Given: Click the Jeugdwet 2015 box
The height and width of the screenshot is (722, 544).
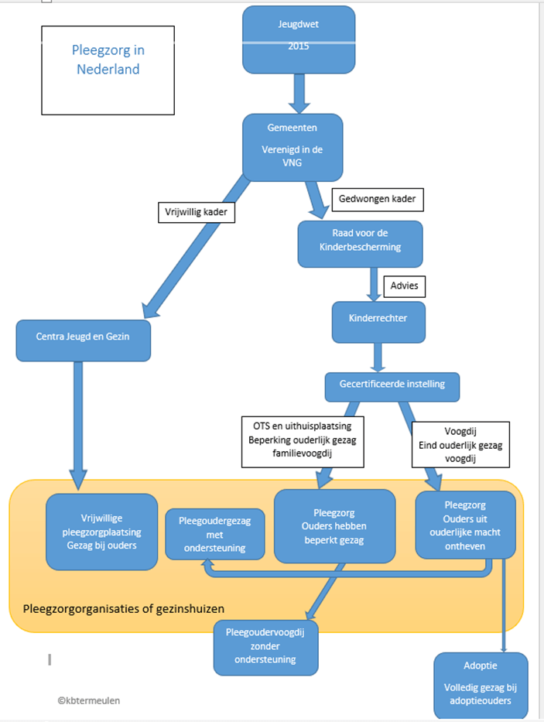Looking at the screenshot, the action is click(x=299, y=39).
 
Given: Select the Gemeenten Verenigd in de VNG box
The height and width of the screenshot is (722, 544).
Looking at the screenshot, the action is click(x=293, y=147).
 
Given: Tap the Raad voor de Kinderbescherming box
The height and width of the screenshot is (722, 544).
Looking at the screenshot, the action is click(x=360, y=244).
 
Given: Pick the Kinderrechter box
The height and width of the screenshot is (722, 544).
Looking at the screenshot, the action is click(x=378, y=323).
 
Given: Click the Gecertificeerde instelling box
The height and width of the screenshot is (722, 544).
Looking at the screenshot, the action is click(x=392, y=387).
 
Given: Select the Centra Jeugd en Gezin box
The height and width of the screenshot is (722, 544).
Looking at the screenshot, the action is click(x=84, y=340).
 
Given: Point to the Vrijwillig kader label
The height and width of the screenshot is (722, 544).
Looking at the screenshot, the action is click(x=197, y=212).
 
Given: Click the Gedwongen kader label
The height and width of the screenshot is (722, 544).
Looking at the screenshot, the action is click(x=378, y=200).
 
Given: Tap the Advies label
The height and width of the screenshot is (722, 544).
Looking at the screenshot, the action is click(x=405, y=286).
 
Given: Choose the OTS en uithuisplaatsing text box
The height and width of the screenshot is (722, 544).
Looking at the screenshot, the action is click(x=303, y=442).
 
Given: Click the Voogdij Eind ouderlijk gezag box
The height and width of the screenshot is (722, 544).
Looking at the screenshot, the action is click(x=460, y=445).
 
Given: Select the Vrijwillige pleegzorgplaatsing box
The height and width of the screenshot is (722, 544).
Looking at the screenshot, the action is click(x=102, y=532).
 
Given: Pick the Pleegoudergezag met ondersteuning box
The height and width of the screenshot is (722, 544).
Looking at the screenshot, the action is click(x=215, y=534).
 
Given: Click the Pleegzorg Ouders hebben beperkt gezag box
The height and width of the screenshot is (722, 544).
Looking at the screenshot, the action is click(x=335, y=526).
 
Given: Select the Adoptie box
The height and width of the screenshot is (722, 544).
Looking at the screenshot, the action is click(x=481, y=685).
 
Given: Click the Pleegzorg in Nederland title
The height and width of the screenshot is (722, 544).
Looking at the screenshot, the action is click(x=108, y=60).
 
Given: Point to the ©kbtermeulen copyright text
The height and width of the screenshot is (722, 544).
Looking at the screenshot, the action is click(x=89, y=700).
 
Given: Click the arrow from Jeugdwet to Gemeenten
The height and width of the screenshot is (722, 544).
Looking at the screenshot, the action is click(x=299, y=94).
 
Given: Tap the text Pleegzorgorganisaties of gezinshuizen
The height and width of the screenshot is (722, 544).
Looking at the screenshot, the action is click(x=124, y=609).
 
